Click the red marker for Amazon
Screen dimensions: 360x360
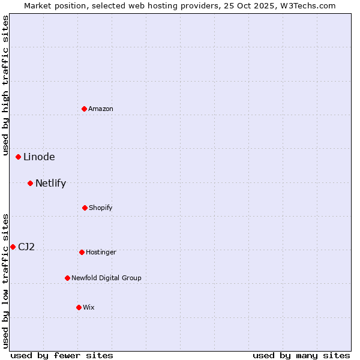coord(85,109)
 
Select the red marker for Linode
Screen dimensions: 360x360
coord(19,157)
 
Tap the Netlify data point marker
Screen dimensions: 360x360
coord(31,183)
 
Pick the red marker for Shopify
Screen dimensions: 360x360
coord(85,208)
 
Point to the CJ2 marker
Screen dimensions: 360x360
coord(13,247)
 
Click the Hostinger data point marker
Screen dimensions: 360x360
coord(82,252)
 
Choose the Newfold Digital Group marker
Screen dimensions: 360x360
coord(68,278)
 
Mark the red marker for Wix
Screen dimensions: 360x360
coord(79,307)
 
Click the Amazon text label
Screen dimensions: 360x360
coord(101,109)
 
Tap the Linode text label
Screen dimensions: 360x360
coord(39,157)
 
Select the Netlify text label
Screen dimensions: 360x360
coord(50,183)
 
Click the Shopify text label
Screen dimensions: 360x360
coord(101,208)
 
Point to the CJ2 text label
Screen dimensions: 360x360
coord(26,247)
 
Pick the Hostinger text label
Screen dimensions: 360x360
coord(101,252)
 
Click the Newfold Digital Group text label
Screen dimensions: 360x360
coord(106,278)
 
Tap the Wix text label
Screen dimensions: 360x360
coord(89,307)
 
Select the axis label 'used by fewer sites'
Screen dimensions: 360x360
coord(62,355)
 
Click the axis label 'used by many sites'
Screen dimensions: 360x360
coord(301,355)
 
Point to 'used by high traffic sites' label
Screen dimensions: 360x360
coord(5,85)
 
